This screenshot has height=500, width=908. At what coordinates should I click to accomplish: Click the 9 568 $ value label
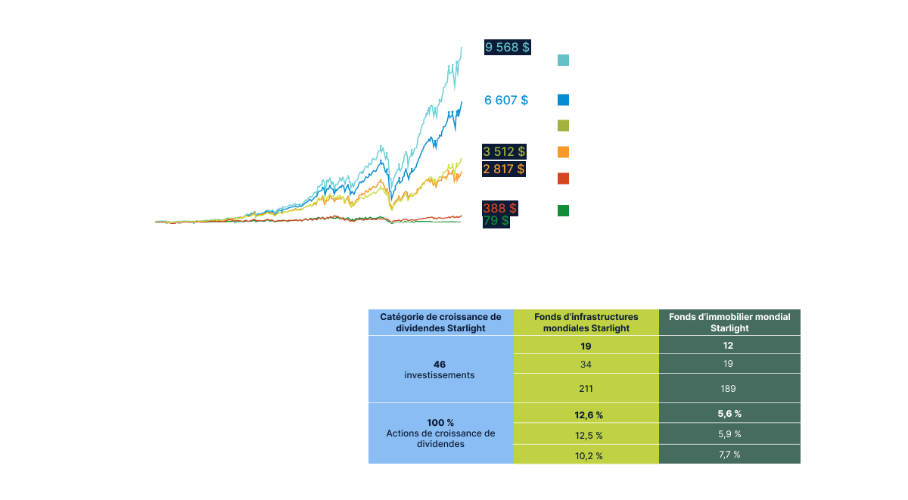tap(507, 47)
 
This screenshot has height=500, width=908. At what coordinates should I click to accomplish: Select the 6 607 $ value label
tap(506, 99)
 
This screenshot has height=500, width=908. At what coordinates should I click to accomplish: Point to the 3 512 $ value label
tap(505, 152)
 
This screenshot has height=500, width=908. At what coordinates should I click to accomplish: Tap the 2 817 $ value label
tap(505, 168)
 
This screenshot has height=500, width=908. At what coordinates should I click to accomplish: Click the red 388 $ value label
tap(499, 207)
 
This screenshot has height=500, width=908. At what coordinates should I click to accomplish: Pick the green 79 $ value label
tap(496, 221)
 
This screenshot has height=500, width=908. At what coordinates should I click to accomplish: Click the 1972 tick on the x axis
tap(161, 228)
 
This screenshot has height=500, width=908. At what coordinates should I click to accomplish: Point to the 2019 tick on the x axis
tap(452, 228)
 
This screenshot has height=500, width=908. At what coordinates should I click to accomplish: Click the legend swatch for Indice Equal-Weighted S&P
tap(563, 126)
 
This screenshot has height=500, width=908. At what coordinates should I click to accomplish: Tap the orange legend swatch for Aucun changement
tap(563, 152)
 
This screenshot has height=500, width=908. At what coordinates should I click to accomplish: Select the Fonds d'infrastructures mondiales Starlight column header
tap(586, 322)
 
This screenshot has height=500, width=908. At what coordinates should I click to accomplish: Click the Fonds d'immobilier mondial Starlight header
tap(729, 322)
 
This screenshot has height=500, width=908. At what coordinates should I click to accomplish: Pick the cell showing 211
tap(586, 389)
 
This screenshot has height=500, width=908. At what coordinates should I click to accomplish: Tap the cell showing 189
tap(729, 389)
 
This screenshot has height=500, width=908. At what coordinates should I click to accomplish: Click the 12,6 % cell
tap(586, 414)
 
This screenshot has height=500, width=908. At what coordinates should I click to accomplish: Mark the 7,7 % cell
tap(729, 455)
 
